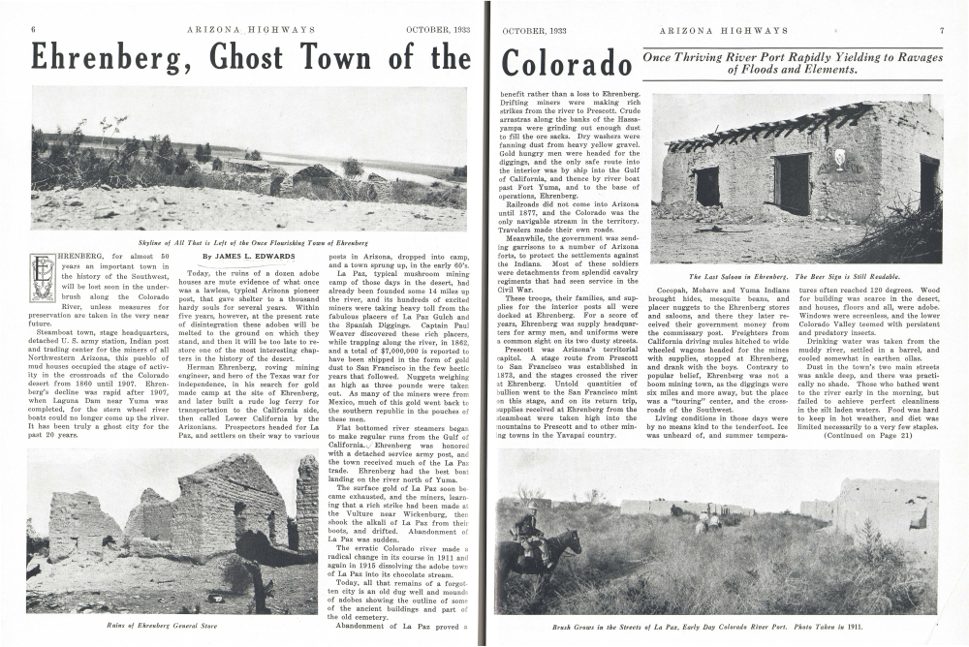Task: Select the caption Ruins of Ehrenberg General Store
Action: pos(160,627)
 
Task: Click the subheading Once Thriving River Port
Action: pos(792,63)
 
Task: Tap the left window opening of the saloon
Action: pos(707,186)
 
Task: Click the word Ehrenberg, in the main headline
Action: pos(107,59)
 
